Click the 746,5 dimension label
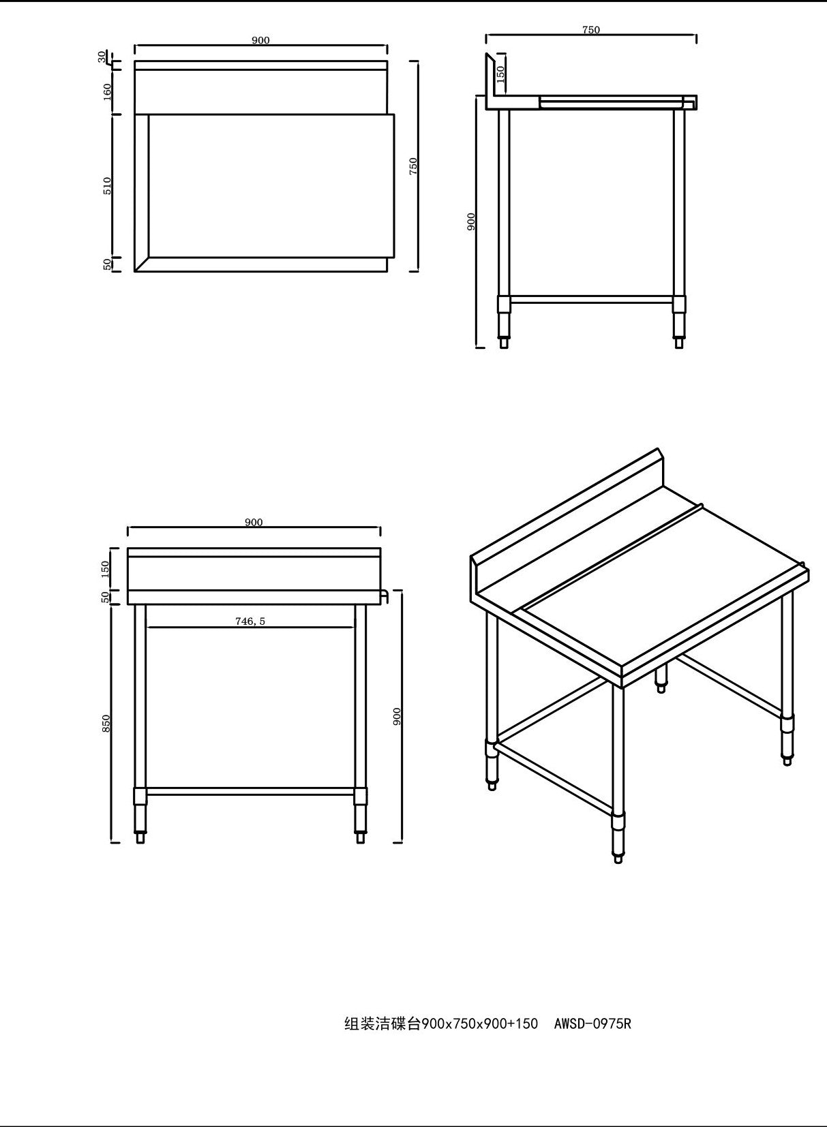(250, 621)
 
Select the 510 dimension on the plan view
(107, 185)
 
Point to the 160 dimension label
(107, 91)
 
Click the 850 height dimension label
(106, 724)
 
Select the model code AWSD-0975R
(592, 1023)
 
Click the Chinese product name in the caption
(382, 1023)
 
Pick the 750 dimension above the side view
(591, 30)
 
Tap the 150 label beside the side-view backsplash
(501, 74)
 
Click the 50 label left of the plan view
(107, 264)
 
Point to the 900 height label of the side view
(471, 221)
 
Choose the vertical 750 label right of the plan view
(413, 166)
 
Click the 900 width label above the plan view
(260, 40)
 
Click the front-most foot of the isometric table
(618, 857)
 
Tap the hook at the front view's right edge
(384, 596)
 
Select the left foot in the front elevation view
(140, 836)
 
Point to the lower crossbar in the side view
(591, 299)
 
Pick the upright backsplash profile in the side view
(491, 78)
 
